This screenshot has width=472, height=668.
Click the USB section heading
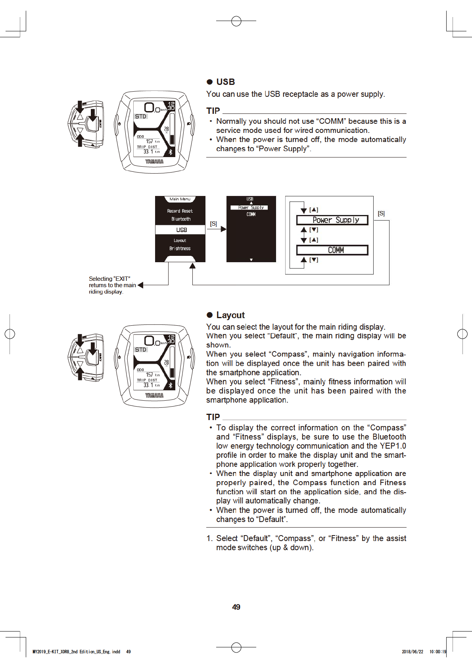[225, 82]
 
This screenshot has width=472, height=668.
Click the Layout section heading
[230, 315]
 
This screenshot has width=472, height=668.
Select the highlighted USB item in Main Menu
[181, 230]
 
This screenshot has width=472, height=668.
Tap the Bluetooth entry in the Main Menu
[181, 219]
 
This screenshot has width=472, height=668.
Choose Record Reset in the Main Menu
[180, 211]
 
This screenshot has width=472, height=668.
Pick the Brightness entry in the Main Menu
[180, 249]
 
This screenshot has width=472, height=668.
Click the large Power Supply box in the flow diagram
[332, 220]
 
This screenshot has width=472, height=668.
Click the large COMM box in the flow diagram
[332, 250]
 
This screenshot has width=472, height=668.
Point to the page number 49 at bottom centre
[236, 607]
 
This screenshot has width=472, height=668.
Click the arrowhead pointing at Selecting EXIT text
[140, 285]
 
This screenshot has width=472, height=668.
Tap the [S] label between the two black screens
[213, 224]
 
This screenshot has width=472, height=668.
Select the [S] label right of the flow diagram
[381, 213]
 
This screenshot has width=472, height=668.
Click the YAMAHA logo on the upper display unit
[154, 161]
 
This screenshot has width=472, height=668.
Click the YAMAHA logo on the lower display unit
[154, 395]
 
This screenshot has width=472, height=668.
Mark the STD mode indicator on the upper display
[140, 117]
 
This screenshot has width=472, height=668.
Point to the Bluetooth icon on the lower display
[171, 385]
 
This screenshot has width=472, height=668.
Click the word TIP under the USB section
[213, 111]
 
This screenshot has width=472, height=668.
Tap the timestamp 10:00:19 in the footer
[437, 652]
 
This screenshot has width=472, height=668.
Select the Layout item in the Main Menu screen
[180, 241]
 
